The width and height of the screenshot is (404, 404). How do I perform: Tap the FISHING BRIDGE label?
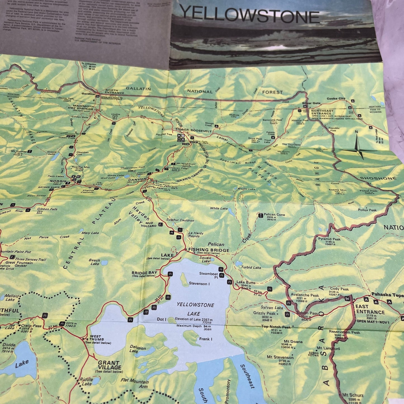tap(209, 250)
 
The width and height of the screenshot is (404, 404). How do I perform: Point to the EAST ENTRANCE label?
tap(370, 309)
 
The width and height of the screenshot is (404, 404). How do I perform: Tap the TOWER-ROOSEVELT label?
tap(193, 131)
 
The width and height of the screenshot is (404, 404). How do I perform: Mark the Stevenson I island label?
tap(199, 283)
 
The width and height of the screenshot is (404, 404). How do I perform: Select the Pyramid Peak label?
tap(329, 239)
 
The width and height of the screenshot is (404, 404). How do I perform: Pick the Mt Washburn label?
tap(185, 164)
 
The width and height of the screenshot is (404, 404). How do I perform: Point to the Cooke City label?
tap(336, 99)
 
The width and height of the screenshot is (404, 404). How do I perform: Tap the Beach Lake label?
tap(94, 262)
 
